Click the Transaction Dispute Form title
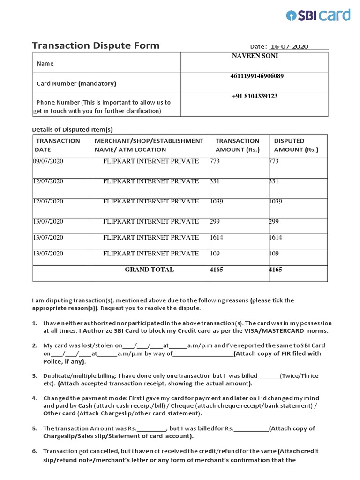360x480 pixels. point(96,45)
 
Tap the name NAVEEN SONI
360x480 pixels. point(255,56)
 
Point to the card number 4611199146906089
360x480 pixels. point(255,76)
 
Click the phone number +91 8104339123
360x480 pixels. point(255,96)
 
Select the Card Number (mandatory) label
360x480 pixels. point(76,83)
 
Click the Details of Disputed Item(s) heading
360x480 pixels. point(72,129)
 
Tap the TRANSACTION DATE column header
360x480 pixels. point(58,145)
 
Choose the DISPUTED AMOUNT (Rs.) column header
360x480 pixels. point(296,145)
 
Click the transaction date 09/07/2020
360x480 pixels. point(48,161)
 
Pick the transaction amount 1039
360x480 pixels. point(216,201)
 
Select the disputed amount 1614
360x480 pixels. point(275,238)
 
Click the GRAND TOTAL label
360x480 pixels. point(149,270)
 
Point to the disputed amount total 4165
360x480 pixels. point(275,270)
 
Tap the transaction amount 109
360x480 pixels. point(214,254)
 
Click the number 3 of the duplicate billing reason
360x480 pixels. point(34,376)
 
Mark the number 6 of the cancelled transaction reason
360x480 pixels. point(34,451)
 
